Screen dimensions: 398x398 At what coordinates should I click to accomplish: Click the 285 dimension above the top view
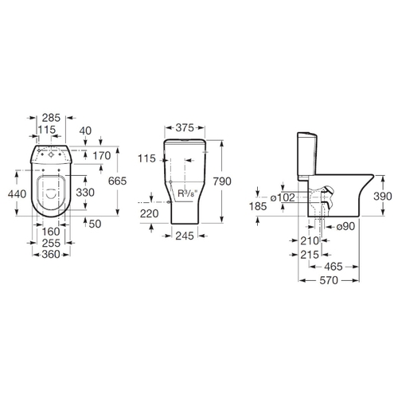coord(52,118)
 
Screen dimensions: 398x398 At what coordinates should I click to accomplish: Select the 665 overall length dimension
coord(118,181)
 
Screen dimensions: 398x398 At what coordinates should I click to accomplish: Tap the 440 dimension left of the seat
coord(17,194)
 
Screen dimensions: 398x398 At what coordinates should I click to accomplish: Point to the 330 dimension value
coord(85,193)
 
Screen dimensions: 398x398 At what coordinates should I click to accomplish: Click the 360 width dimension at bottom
coord(51,254)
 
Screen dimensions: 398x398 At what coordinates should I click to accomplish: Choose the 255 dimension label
coord(51,243)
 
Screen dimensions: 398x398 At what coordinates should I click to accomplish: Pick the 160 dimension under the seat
coord(51,232)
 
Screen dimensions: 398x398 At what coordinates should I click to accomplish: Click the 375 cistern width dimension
coord(185,128)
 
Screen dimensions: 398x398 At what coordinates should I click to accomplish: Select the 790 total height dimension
coord(222,181)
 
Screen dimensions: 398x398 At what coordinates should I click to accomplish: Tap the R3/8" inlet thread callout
coord(186,193)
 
